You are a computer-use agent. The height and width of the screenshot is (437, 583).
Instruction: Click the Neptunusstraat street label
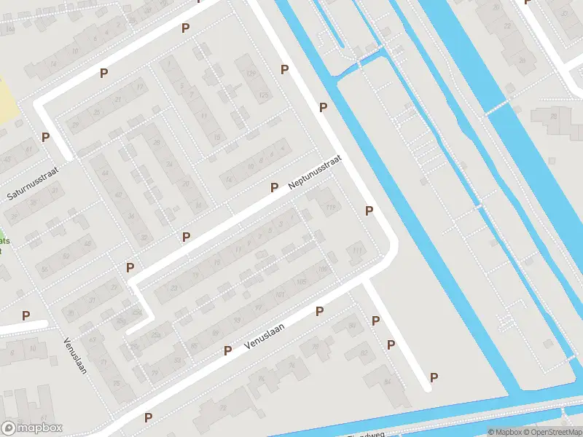click(x=315, y=173)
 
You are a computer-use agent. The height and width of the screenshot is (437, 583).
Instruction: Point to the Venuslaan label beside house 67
click(x=74, y=355)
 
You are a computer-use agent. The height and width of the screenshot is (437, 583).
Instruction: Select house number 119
click(x=332, y=208)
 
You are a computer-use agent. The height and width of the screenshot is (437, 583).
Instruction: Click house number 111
click(x=357, y=251)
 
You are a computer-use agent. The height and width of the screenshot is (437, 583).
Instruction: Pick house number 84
click(x=386, y=381)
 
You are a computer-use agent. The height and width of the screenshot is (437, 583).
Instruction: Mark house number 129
click(x=251, y=74)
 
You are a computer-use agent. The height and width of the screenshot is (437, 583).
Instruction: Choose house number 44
click(x=104, y=173)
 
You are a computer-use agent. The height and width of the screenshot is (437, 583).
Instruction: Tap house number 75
click(x=115, y=384)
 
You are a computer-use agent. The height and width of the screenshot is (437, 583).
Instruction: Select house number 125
click(x=264, y=95)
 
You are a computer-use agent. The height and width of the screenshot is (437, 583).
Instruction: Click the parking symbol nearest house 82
click(x=391, y=345)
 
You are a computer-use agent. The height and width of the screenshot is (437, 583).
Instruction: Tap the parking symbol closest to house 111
click(x=369, y=210)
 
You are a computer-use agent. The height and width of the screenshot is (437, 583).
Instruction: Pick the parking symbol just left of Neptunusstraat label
click(x=274, y=187)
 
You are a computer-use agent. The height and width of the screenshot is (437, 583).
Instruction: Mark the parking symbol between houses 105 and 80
click(x=319, y=311)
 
